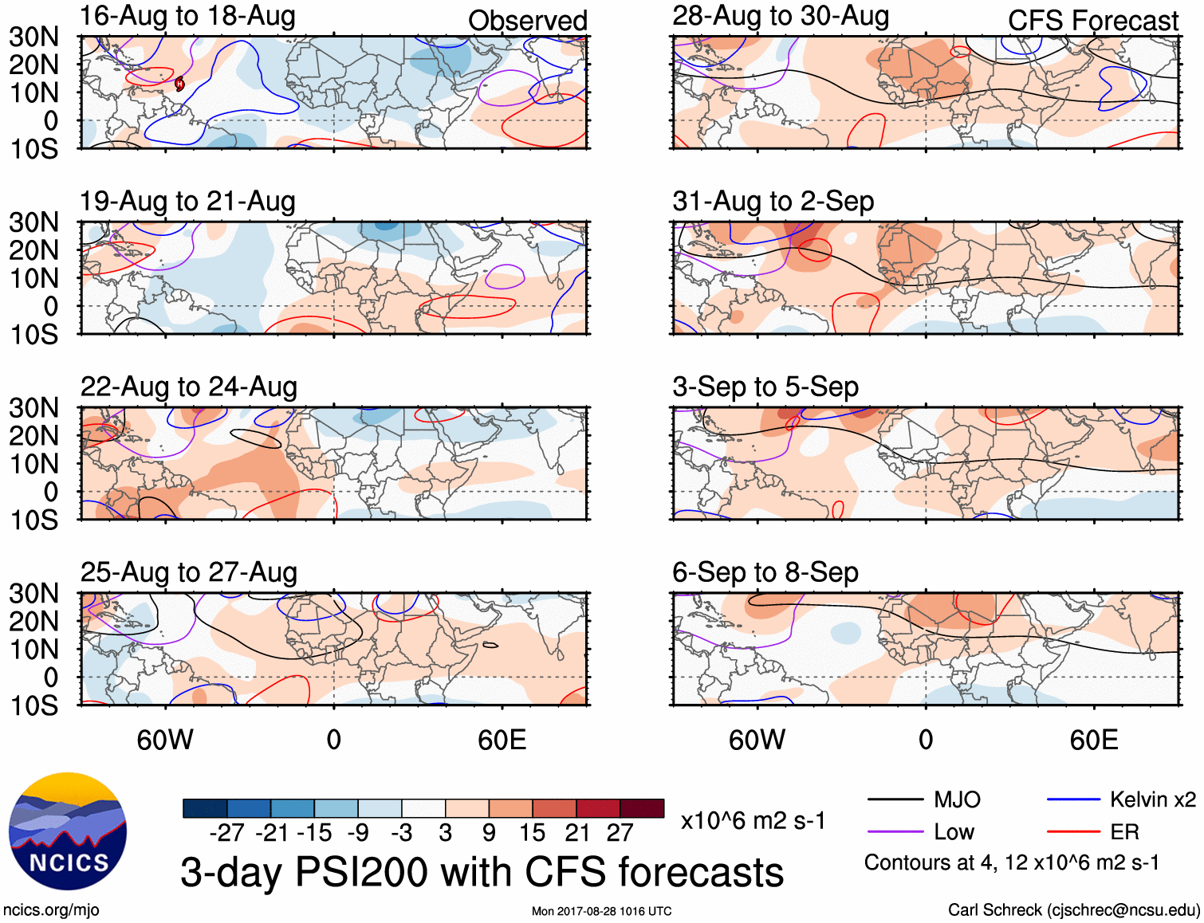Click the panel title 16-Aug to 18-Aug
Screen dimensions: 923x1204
pyautogui.click(x=187, y=16)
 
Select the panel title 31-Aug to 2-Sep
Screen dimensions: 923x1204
pyautogui.click(x=773, y=202)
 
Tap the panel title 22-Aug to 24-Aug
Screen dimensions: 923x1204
pyautogui.click(x=188, y=387)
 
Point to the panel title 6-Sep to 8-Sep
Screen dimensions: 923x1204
pyautogui.click(x=765, y=573)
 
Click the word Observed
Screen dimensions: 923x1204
pyautogui.click(x=527, y=21)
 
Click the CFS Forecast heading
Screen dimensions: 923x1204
pyautogui.click(x=1092, y=21)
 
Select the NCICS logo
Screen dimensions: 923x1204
pyautogui.click(x=68, y=831)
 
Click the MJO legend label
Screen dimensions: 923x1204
pyautogui.click(x=957, y=799)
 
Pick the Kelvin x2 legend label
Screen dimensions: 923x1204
pyautogui.click(x=1152, y=799)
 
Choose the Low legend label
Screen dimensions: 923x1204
pyautogui.click(x=954, y=832)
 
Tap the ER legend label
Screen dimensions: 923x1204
pyautogui.click(x=1124, y=832)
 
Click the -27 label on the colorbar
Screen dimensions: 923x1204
pyautogui.click(x=227, y=833)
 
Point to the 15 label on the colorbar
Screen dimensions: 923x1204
pyautogui.click(x=532, y=833)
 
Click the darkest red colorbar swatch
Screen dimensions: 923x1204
pyautogui.click(x=642, y=808)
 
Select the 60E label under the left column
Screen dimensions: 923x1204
pyautogui.click(x=502, y=740)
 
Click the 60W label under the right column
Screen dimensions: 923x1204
pyautogui.click(x=757, y=740)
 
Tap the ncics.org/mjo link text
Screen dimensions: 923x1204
pyautogui.click(x=51, y=910)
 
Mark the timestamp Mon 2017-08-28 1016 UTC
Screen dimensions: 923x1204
pyautogui.click(x=601, y=911)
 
